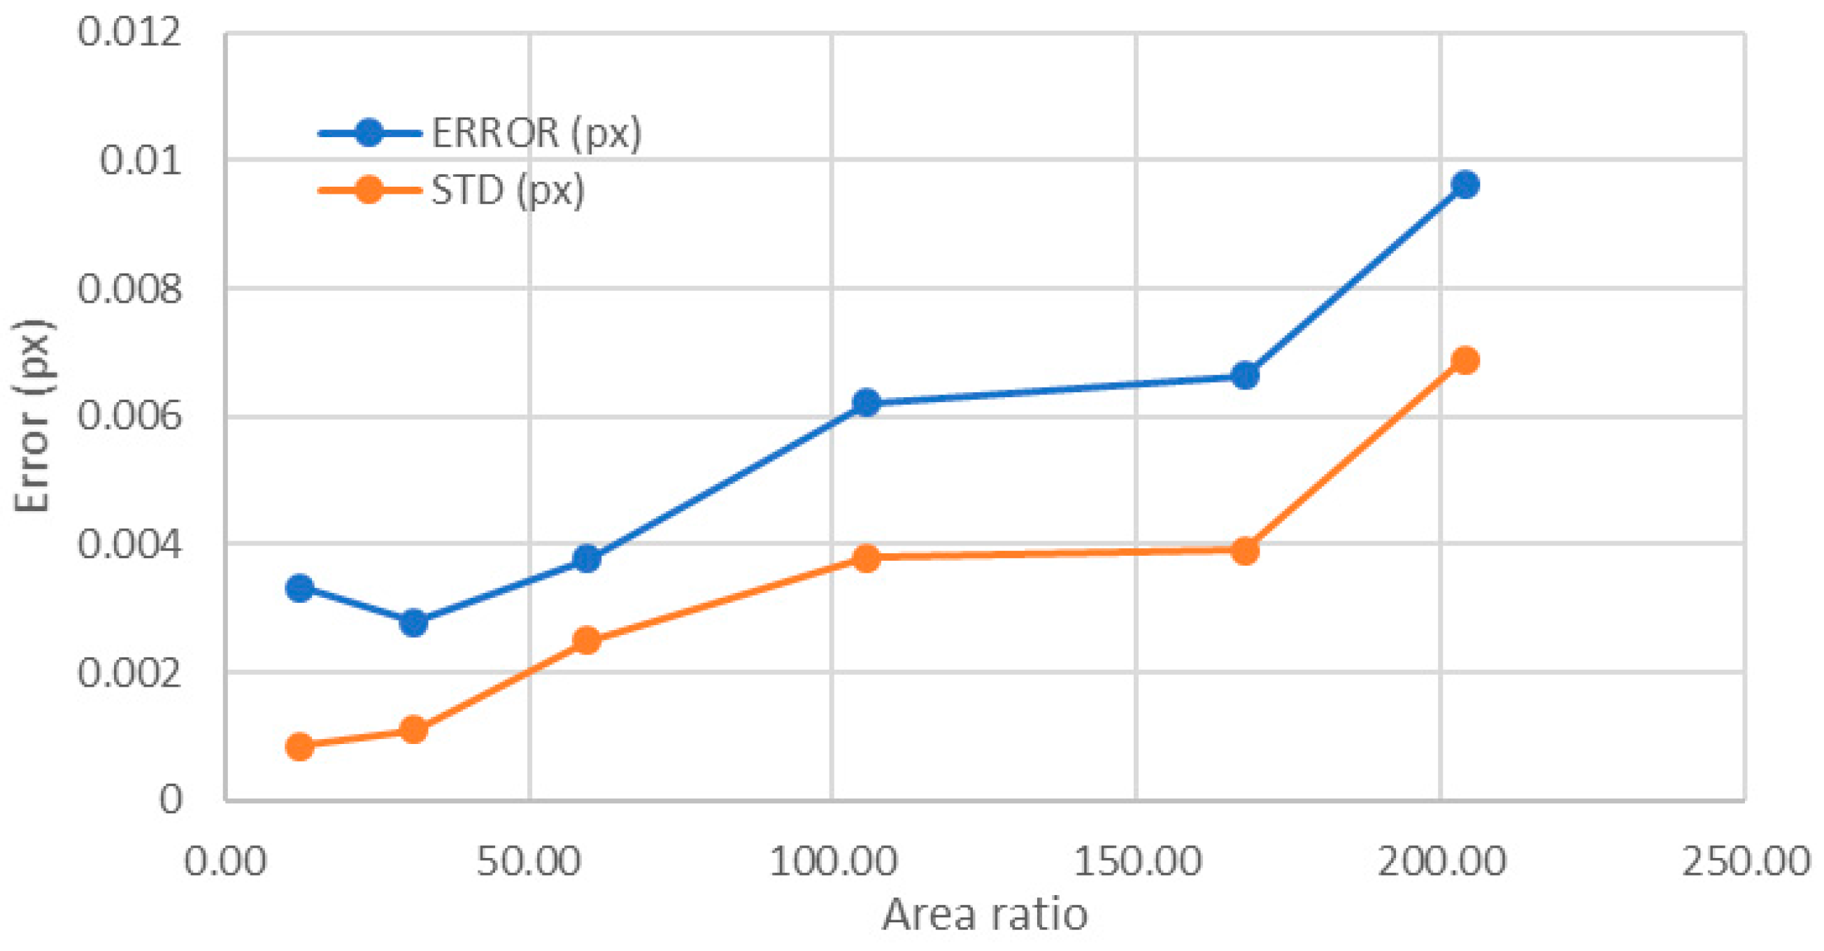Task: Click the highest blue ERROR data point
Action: [1465, 185]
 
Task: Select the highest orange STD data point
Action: [1465, 360]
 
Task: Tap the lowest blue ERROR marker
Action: [413, 623]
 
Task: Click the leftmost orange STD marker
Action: [299, 746]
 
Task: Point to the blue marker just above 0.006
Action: [866, 403]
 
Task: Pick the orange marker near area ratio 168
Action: [1245, 550]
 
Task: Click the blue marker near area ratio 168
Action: [1245, 376]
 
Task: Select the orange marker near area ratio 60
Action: [586, 640]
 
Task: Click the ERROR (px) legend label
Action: [536, 132]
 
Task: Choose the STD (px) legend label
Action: [508, 190]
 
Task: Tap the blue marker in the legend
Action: [369, 132]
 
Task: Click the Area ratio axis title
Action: [984, 914]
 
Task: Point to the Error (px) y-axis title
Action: [32, 416]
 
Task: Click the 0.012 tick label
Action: [129, 33]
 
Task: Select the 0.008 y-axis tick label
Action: [129, 289]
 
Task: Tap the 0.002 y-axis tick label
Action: [129, 673]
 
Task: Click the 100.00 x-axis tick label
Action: [833, 861]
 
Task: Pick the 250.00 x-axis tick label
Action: [1745, 861]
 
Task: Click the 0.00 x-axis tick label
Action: [225, 861]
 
